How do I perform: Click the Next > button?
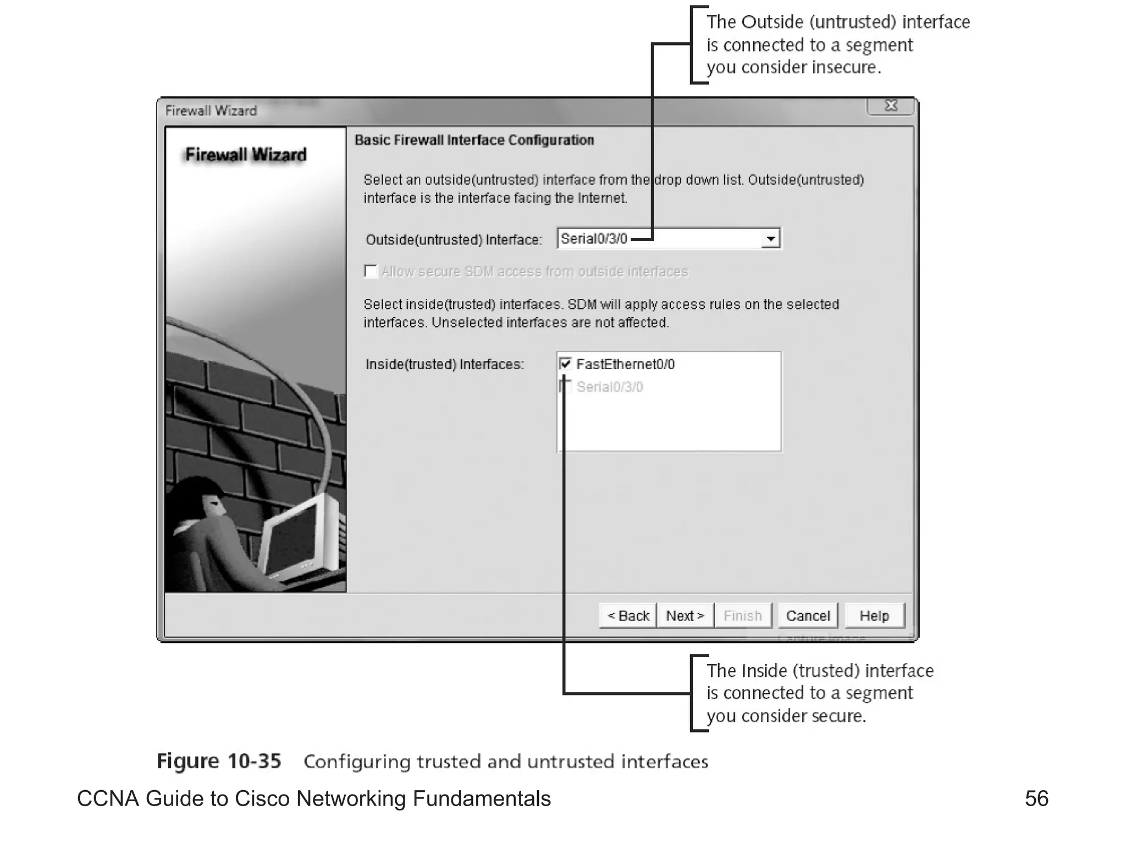(x=685, y=615)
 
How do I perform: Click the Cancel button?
(x=808, y=615)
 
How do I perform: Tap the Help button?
(x=874, y=615)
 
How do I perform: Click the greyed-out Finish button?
(x=743, y=615)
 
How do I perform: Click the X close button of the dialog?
(x=891, y=105)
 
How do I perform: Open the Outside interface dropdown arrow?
(x=771, y=239)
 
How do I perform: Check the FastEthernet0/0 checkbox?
(x=565, y=364)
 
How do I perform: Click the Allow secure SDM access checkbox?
(x=371, y=271)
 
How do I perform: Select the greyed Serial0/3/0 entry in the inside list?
(x=609, y=387)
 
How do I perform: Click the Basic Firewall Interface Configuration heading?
(x=474, y=140)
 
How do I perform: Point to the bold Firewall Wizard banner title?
(x=246, y=155)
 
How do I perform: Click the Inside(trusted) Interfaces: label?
(x=445, y=364)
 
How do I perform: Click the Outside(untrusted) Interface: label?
(x=454, y=240)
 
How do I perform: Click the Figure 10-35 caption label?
(x=219, y=761)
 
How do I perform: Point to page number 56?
(x=1036, y=798)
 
